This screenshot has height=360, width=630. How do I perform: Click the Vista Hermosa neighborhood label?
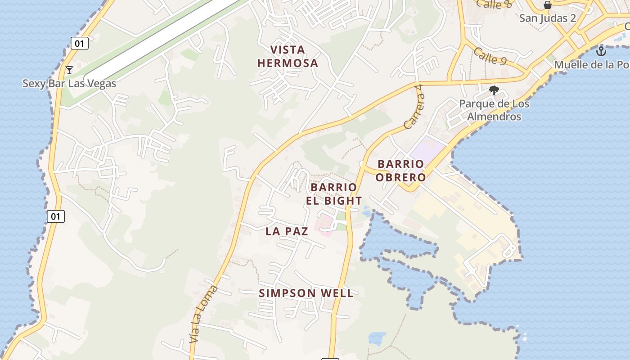[288, 56]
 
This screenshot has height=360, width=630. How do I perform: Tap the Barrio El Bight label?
[333, 194]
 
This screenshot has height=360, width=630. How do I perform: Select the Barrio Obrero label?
[400, 171]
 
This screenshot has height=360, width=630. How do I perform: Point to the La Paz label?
[287, 231]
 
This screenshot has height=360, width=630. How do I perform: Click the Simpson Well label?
[306, 293]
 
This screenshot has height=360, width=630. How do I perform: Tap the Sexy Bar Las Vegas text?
[69, 83]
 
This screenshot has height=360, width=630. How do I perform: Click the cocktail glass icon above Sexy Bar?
[69, 70]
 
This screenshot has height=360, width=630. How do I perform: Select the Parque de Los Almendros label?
[494, 110]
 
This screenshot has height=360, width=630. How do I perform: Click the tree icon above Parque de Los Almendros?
[494, 90]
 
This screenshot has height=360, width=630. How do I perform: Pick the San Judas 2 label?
[547, 18]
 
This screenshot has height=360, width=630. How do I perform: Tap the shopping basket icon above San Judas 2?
[548, 5]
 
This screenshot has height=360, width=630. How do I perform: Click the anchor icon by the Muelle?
[601, 51]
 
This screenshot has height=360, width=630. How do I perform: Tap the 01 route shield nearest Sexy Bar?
[80, 44]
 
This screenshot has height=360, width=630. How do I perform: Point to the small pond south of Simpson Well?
[377, 338]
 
